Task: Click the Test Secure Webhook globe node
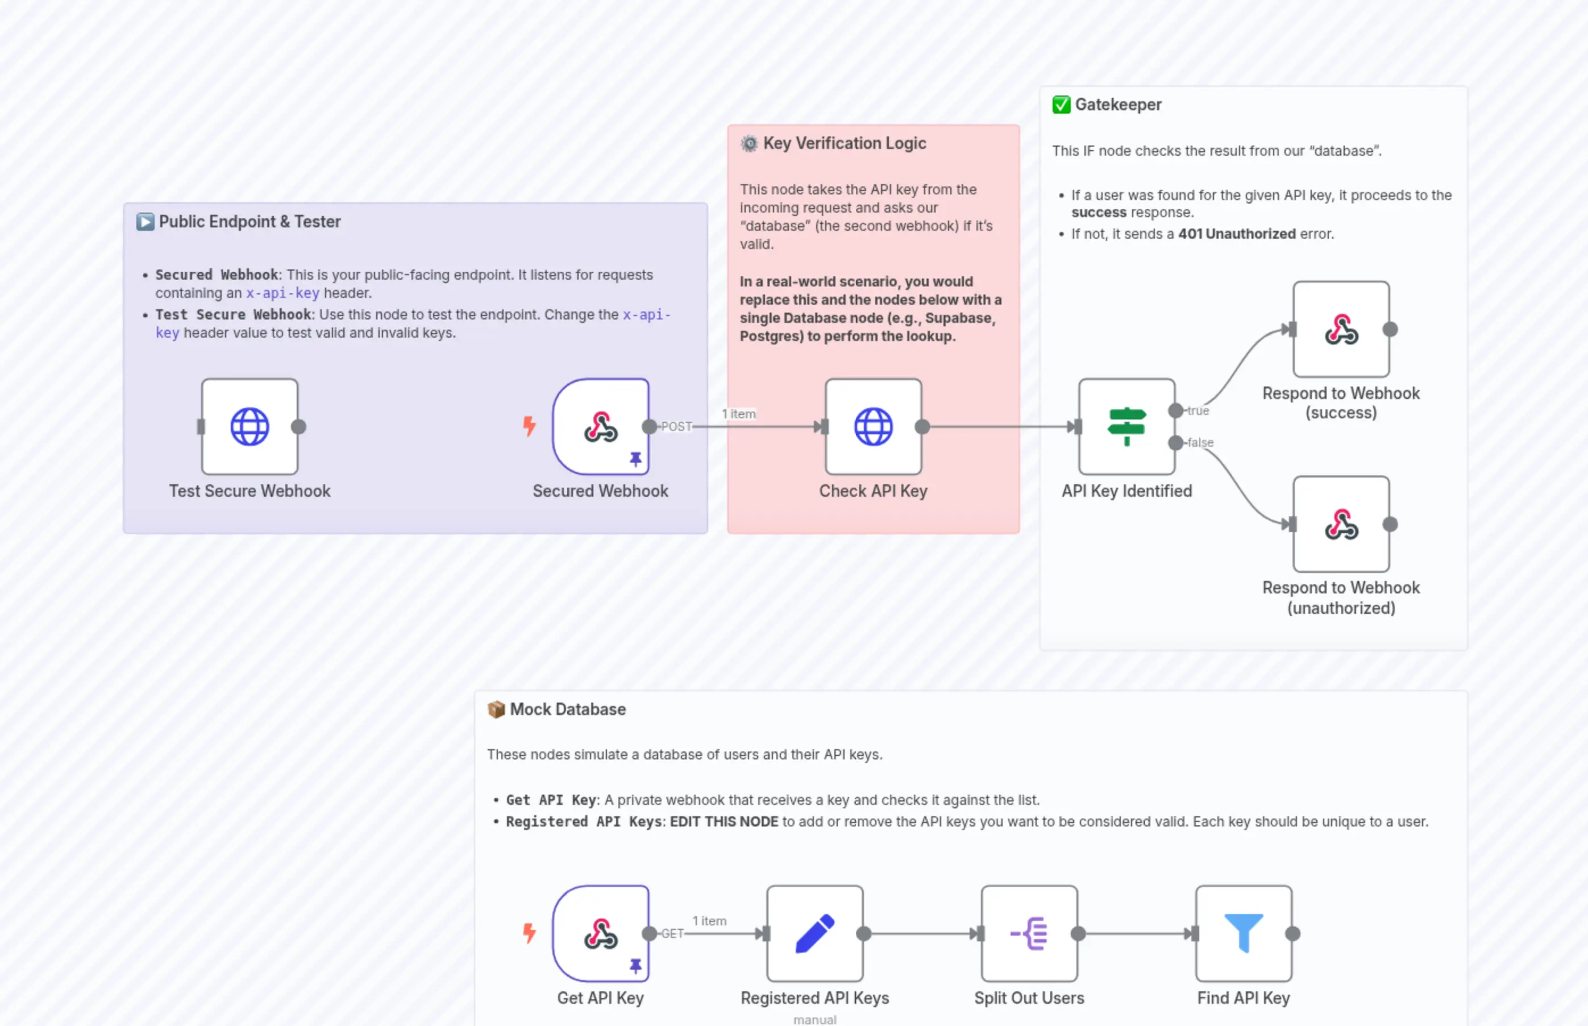click(x=250, y=426)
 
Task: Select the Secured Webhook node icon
click(x=600, y=426)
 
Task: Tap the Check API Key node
click(x=873, y=426)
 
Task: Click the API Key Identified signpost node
click(x=1126, y=426)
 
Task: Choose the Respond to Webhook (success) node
click(x=1341, y=329)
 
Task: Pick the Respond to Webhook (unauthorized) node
click(x=1341, y=524)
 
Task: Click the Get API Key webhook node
click(x=600, y=933)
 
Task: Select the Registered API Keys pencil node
click(x=814, y=933)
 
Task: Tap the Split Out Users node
click(x=1029, y=933)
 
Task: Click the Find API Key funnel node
click(x=1244, y=933)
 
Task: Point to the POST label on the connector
click(x=676, y=426)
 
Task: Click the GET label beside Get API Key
click(x=672, y=933)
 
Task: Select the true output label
click(x=1198, y=411)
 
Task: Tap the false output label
click(x=1200, y=442)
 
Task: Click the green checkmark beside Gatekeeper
click(x=1061, y=105)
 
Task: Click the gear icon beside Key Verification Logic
click(x=749, y=143)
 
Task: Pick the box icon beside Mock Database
click(x=496, y=709)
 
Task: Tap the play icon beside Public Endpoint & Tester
click(x=145, y=222)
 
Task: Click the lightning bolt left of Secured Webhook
click(x=529, y=426)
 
